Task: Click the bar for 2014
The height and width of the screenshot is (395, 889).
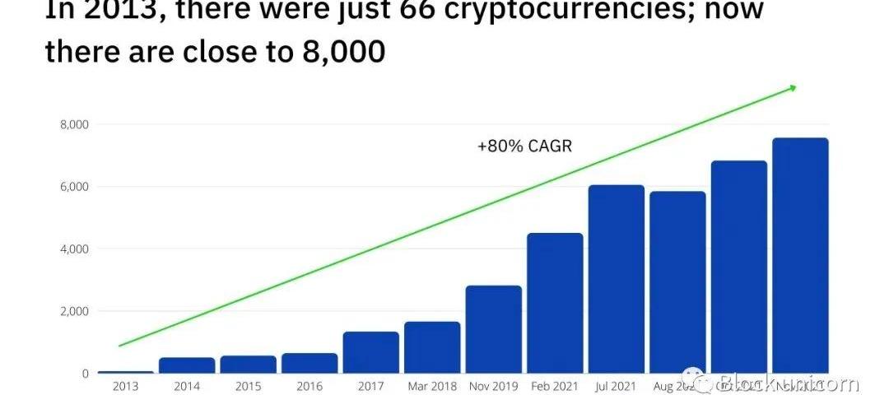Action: coord(187,365)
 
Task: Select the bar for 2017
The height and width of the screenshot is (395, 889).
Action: coord(370,352)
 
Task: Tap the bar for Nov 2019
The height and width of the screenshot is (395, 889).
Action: coord(493,329)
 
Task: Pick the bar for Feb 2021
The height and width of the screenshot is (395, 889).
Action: coord(555,303)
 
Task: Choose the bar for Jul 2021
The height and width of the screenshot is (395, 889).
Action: coord(617,279)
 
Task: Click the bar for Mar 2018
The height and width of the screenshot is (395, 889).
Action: coord(432,347)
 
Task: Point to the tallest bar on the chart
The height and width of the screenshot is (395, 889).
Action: coord(800,255)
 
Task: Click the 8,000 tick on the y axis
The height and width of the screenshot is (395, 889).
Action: coord(73,124)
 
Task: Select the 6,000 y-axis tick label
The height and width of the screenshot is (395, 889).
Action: coord(73,187)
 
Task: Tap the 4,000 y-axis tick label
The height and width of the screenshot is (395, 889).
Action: coord(73,249)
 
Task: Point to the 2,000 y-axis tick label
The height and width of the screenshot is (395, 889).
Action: coord(73,311)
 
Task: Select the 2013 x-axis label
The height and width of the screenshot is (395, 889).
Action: coord(125,385)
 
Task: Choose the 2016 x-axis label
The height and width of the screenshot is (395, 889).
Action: coord(309,385)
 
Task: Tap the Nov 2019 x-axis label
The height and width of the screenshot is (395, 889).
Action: coord(493,385)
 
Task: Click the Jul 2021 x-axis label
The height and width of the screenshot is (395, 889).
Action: coord(617,385)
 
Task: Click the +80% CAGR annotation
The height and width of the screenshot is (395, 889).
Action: coord(524,146)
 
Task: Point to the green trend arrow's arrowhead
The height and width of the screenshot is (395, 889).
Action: coord(793,86)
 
